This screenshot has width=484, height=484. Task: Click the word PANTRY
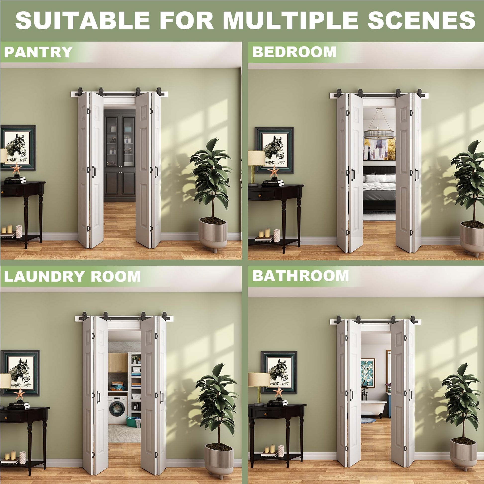pyautogui.click(x=38, y=52)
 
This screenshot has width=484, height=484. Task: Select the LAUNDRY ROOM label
pyautogui.click(x=72, y=277)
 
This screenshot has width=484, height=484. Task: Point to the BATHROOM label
pyautogui.click(x=300, y=276)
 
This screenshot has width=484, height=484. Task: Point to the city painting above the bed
pyautogui.click(x=379, y=149)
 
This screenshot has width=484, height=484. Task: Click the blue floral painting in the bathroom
pyautogui.click(x=368, y=373)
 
